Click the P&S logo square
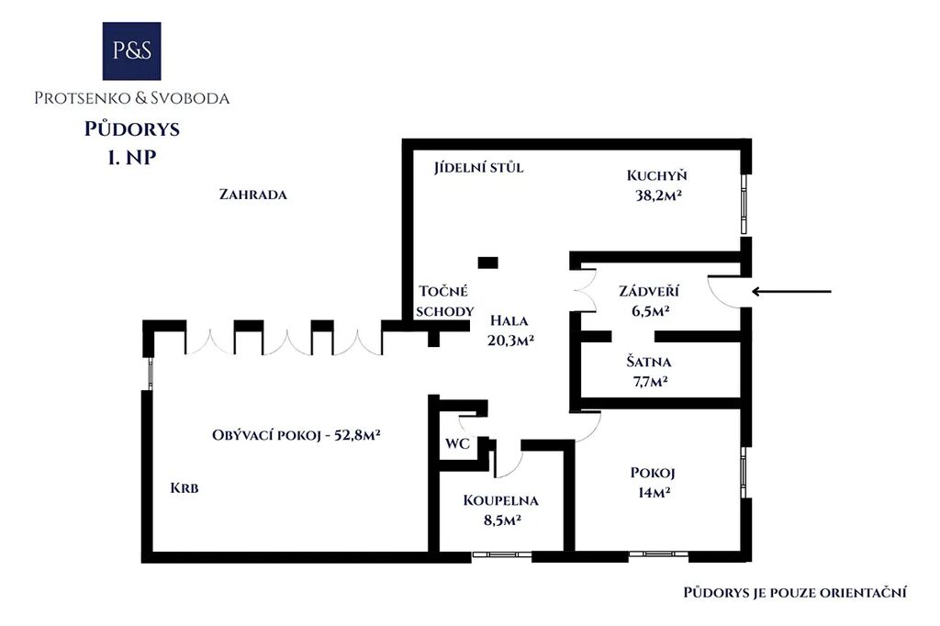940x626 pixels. tap(131, 51)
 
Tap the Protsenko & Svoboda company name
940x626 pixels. tap(132, 97)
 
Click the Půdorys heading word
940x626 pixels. tap(132, 129)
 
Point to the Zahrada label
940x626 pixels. tap(253, 195)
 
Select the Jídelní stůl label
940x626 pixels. tap(478, 167)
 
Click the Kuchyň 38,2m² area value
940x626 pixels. tap(658, 195)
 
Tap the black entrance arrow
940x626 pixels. tap(791, 291)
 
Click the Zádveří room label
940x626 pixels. tap(649, 291)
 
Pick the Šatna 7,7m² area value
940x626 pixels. tap(650, 381)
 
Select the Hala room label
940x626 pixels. tap(509, 320)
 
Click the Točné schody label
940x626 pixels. tap(445, 301)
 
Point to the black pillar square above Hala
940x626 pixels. tap(487, 262)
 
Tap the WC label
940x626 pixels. tap(457, 444)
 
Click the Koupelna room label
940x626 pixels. tap(500, 500)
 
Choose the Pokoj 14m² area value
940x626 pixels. tap(654, 492)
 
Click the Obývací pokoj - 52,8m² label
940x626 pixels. tap(297, 435)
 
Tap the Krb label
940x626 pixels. tap(184, 488)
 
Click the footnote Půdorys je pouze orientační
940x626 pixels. tap(795, 592)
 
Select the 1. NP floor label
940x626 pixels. tap(132, 157)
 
